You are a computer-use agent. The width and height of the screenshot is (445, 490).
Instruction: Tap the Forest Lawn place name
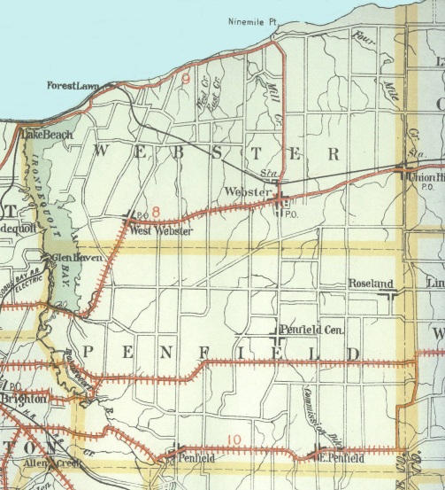75,87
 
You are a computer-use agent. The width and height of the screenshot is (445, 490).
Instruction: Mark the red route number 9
186,79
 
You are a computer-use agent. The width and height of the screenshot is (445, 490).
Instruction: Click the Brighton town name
23,399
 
